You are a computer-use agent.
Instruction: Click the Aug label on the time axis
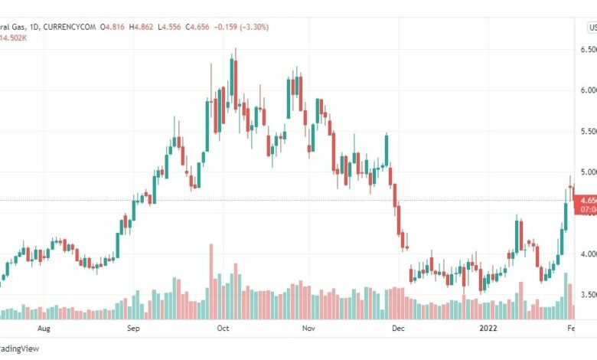44,329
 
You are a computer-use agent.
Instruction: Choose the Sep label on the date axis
132,329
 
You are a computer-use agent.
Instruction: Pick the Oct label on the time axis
223,329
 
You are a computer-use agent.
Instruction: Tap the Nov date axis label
308,329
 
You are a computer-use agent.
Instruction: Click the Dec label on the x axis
398,329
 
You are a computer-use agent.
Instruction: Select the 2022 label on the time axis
488,329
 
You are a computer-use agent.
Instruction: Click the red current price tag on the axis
588,204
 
